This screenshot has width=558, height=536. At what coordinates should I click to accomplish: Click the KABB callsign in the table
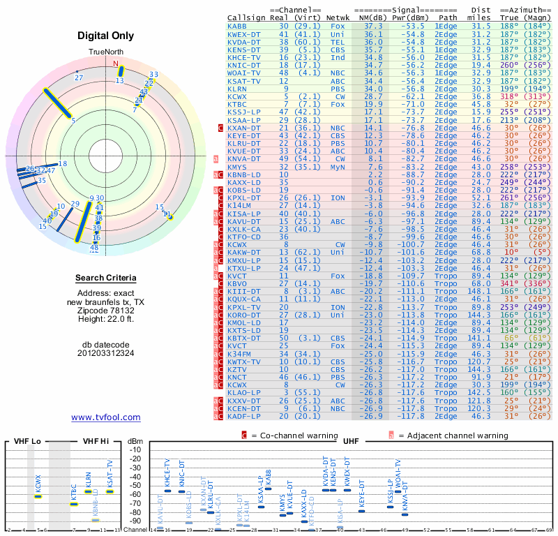pyautogui.click(x=237, y=26)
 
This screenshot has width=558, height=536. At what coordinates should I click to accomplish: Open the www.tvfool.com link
pyautogui.click(x=106, y=417)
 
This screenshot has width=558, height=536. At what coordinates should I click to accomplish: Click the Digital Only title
pyautogui.click(x=106, y=36)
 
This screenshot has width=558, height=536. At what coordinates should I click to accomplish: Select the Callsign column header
pyautogui.click(x=247, y=17)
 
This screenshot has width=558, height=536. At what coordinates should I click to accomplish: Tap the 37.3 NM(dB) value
pyautogui.click(x=372, y=26)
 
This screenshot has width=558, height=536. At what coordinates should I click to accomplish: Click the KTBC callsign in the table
pyautogui.click(x=237, y=104)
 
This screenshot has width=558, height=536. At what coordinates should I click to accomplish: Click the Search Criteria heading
pyautogui.click(x=106, y=278)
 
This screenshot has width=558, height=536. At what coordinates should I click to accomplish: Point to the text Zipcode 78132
pyautogui.click(x=106, y=310)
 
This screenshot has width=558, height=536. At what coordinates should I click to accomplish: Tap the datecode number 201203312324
pyautogui.click(x=106, y=353)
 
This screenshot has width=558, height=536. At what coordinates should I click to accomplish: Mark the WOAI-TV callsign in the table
pyautogui.click(x=244, y=73)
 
